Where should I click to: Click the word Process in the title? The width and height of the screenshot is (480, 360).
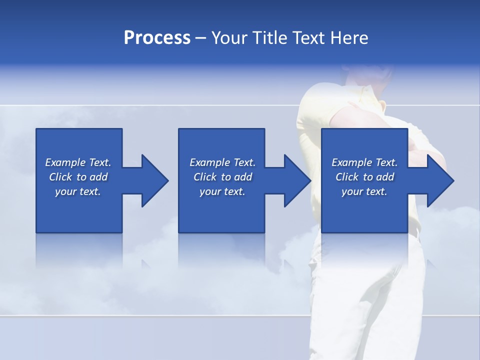[157, 38]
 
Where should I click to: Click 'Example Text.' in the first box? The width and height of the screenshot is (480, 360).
[78, 162]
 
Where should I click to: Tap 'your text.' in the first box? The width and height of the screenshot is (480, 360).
[78, 191]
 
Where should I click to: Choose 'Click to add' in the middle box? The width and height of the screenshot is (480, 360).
[222, 177]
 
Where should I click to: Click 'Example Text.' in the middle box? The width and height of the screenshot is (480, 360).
[222, 162]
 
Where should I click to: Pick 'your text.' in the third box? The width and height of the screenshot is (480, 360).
[364, 191]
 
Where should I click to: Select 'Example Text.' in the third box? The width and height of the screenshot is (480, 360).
[364, 162]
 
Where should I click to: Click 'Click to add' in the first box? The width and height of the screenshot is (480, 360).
[78, 177]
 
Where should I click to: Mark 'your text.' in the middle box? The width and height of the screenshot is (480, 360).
[222, 191]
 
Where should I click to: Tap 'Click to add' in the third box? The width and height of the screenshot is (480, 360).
[364, 177]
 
